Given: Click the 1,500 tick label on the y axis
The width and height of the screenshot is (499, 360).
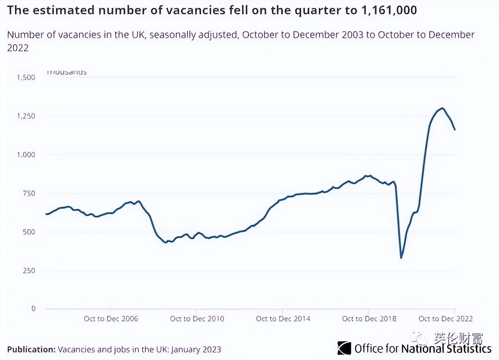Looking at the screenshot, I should (x=26, y=77).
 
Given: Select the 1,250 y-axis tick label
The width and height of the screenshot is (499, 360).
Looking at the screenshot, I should (x=26, y=116).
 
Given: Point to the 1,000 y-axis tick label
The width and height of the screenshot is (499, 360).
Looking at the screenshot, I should (x=26, y=155).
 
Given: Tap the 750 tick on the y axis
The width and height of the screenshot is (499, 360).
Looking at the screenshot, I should (x=29, y=193).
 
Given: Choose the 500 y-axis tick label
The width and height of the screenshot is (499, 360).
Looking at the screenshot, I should (x=29, y=232).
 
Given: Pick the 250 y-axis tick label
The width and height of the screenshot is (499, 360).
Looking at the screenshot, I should (x=29, y=271).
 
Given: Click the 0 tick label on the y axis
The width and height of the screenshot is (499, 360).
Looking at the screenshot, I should (x=33, y=309).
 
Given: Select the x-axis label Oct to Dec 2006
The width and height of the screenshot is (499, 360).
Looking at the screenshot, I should (x=111, y=319).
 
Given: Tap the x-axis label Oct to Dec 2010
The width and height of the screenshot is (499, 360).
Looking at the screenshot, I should (x=197, y=319).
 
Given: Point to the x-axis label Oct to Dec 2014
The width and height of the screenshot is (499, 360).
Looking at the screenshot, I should (x=283, y=319).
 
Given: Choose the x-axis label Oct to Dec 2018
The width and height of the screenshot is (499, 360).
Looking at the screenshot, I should (x=369, y=319).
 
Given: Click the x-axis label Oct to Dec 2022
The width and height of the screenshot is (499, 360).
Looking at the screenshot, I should (x=445, y=319).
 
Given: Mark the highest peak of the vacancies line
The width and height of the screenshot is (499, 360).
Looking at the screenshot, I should (x=442, y=108).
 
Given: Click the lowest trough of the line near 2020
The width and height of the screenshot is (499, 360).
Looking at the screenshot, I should (x=401, y=258).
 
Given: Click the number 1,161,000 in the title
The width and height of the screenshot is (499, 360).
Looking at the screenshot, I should (x=389, y=10).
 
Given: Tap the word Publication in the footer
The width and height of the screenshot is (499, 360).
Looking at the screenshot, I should (x=31, y=349).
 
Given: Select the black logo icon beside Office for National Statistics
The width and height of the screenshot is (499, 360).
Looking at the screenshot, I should (x=344, y=348).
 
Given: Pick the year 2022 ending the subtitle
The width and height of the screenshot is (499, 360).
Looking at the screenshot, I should (x=18, y=48).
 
